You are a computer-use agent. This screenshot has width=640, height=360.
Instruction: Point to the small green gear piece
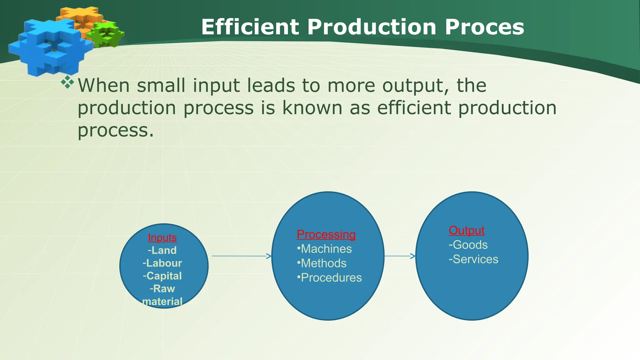[x=106, y=34]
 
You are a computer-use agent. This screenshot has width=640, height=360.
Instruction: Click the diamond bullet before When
[x=67, y=82]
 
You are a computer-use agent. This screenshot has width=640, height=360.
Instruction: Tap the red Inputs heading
[x=162, y=237]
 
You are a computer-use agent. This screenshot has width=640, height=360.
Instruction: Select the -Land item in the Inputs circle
[x=162, y=250]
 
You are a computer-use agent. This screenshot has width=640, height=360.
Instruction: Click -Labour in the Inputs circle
[x=162, y=263]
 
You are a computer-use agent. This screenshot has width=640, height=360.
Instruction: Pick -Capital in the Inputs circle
[x=162, y=276]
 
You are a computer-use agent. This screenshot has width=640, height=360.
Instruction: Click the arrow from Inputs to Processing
[x=241, y=256]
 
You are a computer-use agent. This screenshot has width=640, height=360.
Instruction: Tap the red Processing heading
[x=326, y=234]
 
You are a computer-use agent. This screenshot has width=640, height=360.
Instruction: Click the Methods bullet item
[x=322, y=263]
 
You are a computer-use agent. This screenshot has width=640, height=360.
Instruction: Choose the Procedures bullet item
[x=329, y=277]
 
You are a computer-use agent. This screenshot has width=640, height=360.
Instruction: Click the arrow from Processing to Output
[x=400, y=256]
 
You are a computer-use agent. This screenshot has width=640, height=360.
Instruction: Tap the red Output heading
[x=467, y=230]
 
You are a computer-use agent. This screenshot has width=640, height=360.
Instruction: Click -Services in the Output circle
[x=473, y=259]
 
